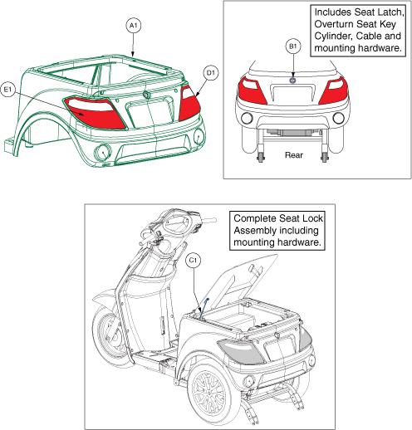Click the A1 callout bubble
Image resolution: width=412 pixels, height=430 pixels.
tap(134, 26)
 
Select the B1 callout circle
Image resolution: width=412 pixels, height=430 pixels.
tap(293, 46)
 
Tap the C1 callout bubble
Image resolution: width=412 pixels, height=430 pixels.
tap(193, 260)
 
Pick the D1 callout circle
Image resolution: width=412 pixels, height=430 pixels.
tap(211, 73)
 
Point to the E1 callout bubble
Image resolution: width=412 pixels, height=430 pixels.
tap(7, 90)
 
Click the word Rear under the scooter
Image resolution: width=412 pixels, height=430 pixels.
tap(294, 155)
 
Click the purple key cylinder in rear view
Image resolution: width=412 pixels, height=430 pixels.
tap(292, 81)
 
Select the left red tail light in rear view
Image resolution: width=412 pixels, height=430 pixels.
tap(251, 90)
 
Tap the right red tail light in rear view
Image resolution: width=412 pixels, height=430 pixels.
tap(334, 90)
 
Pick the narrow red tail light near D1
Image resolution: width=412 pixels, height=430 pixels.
tap(189, 103)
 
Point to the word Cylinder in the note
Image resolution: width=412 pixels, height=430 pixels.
tap(334, 36)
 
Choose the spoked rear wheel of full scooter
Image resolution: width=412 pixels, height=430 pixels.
tap(210, 393)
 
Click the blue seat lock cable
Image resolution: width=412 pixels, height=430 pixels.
tap(204, 308)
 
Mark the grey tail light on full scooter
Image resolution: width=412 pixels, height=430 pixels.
tap(240, 351)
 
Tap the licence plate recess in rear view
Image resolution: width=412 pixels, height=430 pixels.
tap(293, 94)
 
